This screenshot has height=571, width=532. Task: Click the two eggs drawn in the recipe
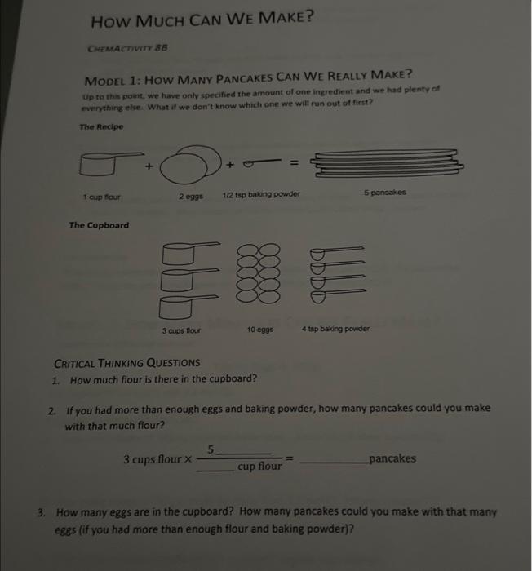192,167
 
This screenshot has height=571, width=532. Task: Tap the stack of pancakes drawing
388,164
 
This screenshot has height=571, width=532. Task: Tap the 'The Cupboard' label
98,225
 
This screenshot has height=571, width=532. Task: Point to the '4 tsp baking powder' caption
335,329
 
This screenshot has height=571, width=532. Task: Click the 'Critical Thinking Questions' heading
126,363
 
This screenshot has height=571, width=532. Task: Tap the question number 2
52,408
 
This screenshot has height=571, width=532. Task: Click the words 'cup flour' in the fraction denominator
259,467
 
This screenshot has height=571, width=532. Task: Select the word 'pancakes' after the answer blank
392,458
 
